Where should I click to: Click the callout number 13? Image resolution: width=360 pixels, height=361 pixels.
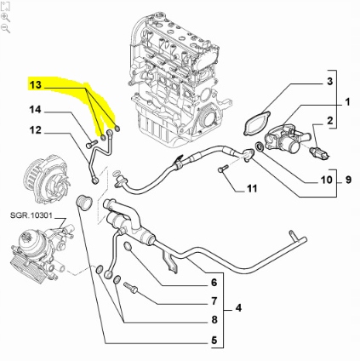click(x=35, y=87)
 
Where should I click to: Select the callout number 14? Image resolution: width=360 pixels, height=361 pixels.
click(x=35, y=110)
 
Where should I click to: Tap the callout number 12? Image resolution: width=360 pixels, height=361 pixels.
click(x=35, y=130)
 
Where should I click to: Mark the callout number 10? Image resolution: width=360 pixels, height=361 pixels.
click(x=327, y=180)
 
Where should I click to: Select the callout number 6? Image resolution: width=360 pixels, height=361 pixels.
click(x=214, y=282)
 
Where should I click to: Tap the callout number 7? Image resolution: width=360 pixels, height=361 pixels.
click(x=214, y=301)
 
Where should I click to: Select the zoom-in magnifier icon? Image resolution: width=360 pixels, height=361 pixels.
click(x=6, y=16)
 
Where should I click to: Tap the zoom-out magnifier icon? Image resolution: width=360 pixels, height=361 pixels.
click(x=6, y=28)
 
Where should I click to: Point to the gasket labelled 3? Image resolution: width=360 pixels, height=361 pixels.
click(x=254, y=121)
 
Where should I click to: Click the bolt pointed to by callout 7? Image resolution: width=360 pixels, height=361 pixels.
click(x=130, y=288)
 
